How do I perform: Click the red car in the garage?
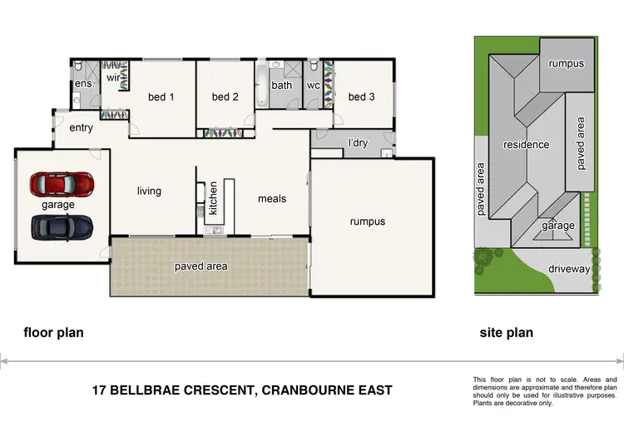point(62,182)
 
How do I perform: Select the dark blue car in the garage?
point(62,226)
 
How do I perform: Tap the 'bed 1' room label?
point(161,97)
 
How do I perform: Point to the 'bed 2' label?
point(225,97)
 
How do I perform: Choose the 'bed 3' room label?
point(361,97)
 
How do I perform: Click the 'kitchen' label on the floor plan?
point(213,198)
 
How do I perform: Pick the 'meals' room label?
point(272,198)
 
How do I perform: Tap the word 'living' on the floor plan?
point(149,191)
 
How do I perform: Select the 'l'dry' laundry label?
point(358,143)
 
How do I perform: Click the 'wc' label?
point(314,85)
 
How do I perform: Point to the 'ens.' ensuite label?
point(84,84)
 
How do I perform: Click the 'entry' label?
point(81,127)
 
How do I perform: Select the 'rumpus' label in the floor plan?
point(368,221)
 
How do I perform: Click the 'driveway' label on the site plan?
point(569,270)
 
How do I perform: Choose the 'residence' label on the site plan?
point(526,145)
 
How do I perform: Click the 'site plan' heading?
point(506,333)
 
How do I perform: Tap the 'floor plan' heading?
point(53,333)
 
